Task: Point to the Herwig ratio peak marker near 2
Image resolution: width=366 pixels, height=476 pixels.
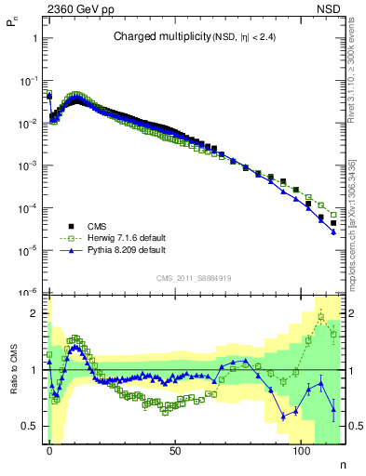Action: (322, 317)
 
